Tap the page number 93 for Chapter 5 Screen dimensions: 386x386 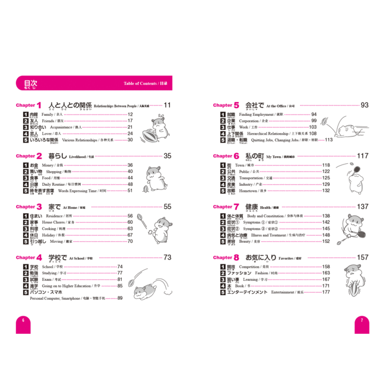pos(364,105)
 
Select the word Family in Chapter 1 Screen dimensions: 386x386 pos(48,114)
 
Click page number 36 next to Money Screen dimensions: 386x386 pos(129,165)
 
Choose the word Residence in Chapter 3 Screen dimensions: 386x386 pos(52,216)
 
